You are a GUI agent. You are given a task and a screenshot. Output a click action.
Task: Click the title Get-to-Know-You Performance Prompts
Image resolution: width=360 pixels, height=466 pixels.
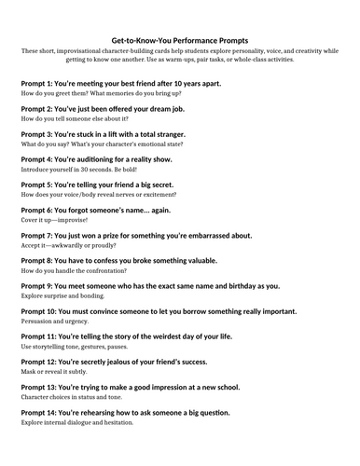[179, 41]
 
